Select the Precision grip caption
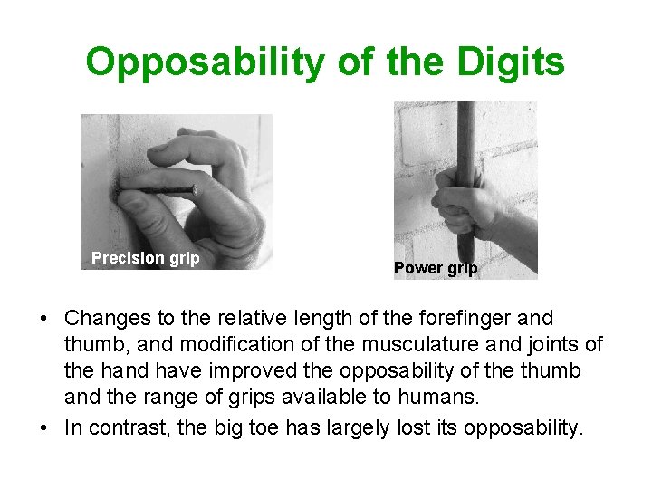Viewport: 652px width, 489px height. click(x=145, y=258)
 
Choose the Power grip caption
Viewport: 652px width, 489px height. click(x=435, y=268)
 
